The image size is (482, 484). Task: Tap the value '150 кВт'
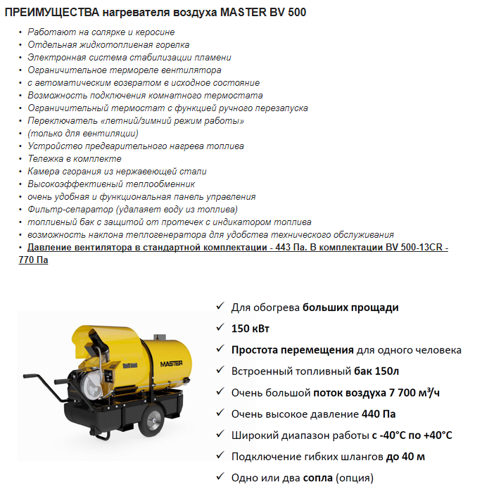tap(250, 329)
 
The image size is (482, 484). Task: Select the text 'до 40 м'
tap(405, 457)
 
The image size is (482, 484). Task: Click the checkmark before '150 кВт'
tap(220, 328)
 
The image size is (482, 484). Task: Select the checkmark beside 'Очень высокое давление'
tap(220, 413)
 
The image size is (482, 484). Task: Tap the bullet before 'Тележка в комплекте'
tap(20, 159)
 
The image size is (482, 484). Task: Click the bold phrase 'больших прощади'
tap(351, 307)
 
